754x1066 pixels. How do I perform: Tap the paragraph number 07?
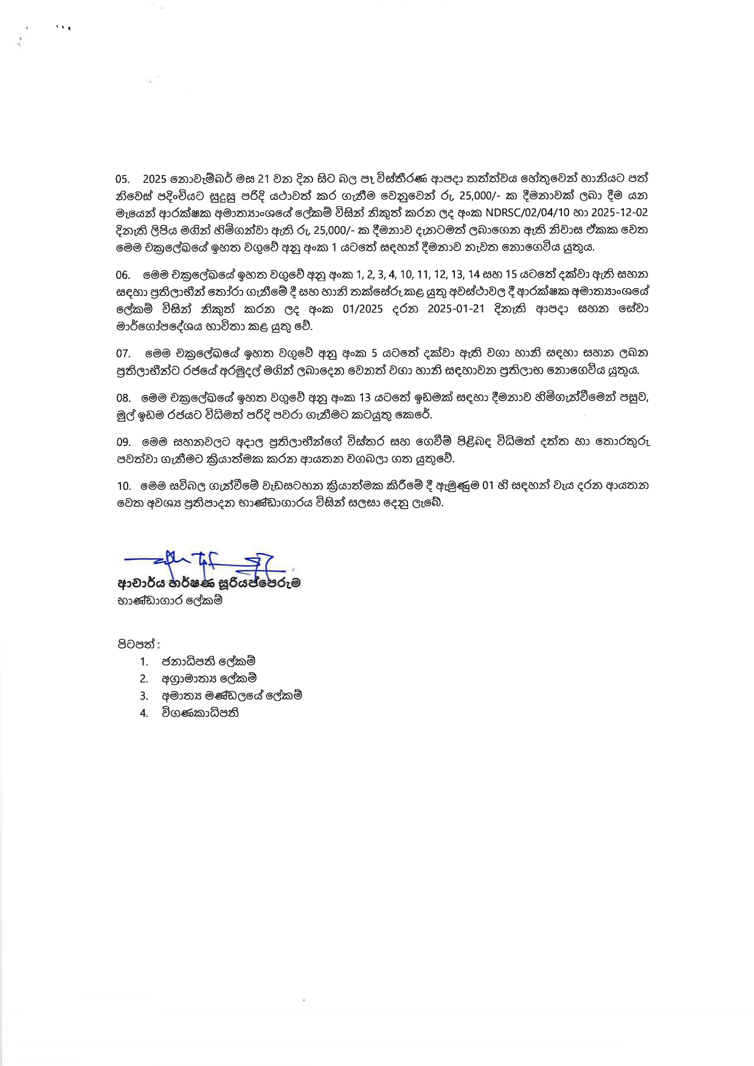(x=123, y=353)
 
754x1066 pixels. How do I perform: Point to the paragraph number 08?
(x=123, y=398)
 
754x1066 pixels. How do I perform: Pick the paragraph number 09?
(x=123, y=442)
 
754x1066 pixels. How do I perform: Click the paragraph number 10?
(x=123, y=486)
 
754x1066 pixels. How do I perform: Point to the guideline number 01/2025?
(x=363, y=309)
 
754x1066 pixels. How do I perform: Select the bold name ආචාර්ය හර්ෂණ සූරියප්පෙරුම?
(x=209, y=583)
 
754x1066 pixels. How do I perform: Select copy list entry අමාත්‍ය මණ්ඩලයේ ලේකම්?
(x=231, y=695)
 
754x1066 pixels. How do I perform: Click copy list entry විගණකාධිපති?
(x=199, y=713)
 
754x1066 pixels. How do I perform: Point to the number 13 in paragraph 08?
(x=365, y=398)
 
